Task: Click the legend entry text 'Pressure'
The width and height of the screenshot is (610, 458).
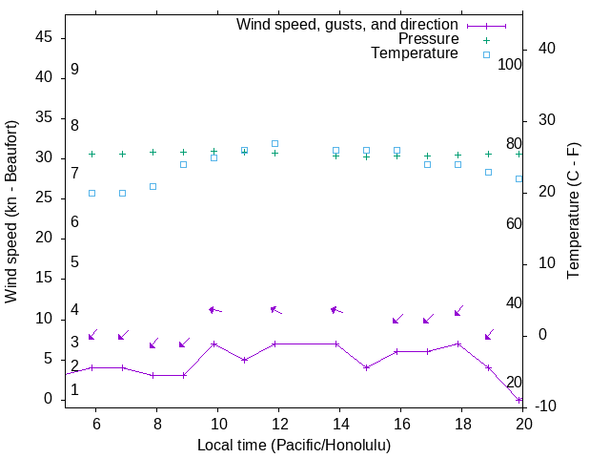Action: (x=428, y=39)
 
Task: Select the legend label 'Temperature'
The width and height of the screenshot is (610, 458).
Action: (x=415, y=53)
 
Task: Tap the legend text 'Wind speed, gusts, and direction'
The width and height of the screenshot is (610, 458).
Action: (x=348, y=25)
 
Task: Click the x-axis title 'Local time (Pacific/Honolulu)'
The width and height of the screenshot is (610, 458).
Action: (x=294, y=445)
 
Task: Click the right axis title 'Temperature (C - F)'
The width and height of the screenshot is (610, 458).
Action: (x=573, y=211)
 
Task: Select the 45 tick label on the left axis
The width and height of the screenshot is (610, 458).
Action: (x=45, y=37)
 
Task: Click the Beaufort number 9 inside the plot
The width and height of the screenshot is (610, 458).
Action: (x=74, y=70)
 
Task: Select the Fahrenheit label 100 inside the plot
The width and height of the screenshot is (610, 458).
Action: (x=511, y=64)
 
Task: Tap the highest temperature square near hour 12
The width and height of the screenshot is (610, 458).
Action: (x=274, y=143)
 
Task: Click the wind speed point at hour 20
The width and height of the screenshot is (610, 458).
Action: (x=519, y=400)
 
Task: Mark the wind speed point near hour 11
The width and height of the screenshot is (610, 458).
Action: (x=245, y=360)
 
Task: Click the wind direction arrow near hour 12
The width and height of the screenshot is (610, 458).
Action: (x=275, y=309)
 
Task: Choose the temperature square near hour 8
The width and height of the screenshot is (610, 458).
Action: (x=152, y=186)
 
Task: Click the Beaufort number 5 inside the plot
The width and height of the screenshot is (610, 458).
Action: (x=74, y=261)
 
